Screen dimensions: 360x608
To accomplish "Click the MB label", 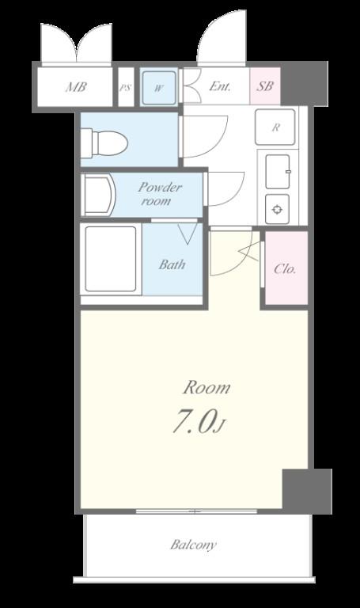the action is coord(76,87).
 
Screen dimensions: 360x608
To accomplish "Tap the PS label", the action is coord(125,88).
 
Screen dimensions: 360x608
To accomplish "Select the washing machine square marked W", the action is coord(159,88).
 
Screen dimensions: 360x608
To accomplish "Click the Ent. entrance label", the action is coord(220,85).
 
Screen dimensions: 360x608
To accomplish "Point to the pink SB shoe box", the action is coord(265,85).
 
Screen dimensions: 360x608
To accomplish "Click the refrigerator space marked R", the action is coord(275,127).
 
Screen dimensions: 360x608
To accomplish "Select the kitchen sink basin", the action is coord(278,171).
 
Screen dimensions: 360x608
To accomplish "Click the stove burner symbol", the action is coord(277,210).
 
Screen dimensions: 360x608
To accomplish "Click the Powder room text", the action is coord(159,194).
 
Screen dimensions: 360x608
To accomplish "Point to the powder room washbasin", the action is coord(98,195).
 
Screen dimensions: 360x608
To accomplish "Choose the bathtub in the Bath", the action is coord(111,259).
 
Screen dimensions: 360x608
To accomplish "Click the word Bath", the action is coord(172,264).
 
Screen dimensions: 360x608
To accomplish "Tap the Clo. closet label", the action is coord(285,268).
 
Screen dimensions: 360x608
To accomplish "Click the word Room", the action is coord(207,387).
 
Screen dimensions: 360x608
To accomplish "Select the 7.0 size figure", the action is coord(193,422).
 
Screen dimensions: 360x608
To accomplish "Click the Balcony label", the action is coord(193,545).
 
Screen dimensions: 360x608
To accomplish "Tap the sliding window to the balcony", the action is coord(196,511).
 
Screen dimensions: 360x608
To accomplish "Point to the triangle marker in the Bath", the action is coord(188,234).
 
